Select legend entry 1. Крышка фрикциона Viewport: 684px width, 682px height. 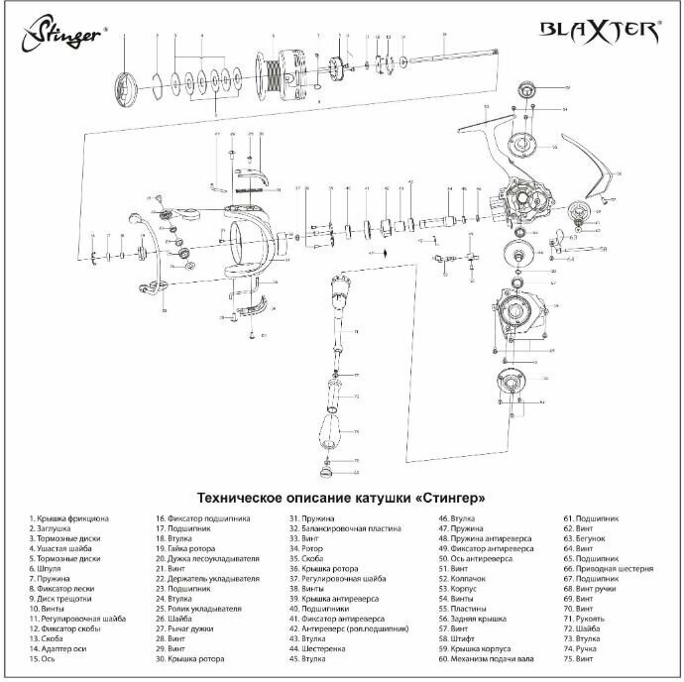click(68, 519)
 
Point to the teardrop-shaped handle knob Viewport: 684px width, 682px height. click(330, 427)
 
